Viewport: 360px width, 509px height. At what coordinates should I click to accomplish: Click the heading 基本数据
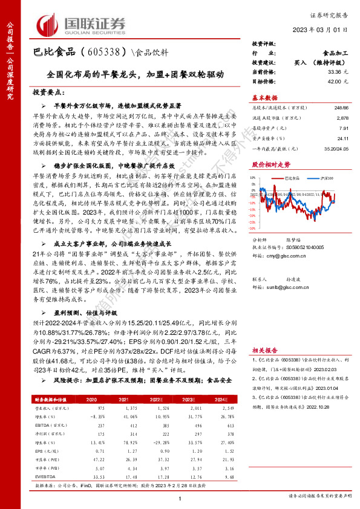264,97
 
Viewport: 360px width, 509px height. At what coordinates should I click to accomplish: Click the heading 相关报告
265,350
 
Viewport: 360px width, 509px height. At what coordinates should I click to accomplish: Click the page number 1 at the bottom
180,498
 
